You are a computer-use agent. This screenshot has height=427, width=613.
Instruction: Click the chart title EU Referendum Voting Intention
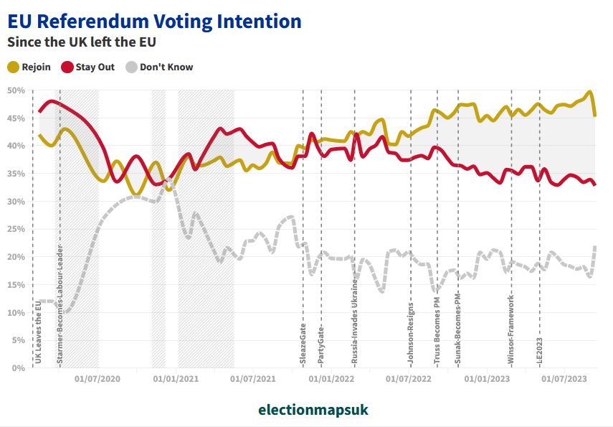point(154,21)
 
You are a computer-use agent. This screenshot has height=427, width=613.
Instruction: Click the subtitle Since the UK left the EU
point(82,42)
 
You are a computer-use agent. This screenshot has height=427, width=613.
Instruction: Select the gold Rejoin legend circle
point(14,67)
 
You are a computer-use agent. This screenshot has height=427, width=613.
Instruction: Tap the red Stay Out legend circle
point(67,67)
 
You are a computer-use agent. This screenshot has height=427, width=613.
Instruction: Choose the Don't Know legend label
point(166,67)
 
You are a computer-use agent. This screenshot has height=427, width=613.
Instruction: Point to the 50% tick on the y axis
point(16,90)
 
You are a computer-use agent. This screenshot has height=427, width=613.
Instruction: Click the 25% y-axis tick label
point(16,230)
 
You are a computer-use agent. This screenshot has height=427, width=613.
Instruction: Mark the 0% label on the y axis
point(19,368)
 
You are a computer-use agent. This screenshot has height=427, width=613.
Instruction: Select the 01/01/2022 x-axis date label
point(334,379)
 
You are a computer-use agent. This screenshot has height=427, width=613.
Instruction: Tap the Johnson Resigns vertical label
point(411,331)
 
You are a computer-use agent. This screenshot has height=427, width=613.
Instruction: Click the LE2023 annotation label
point(539,351)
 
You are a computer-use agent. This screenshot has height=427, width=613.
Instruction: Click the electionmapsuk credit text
point(313,410)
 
